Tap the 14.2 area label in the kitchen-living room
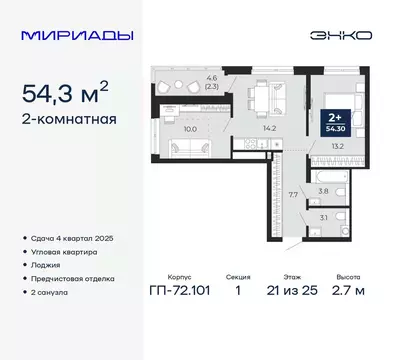239,127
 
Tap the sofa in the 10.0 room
186,150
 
